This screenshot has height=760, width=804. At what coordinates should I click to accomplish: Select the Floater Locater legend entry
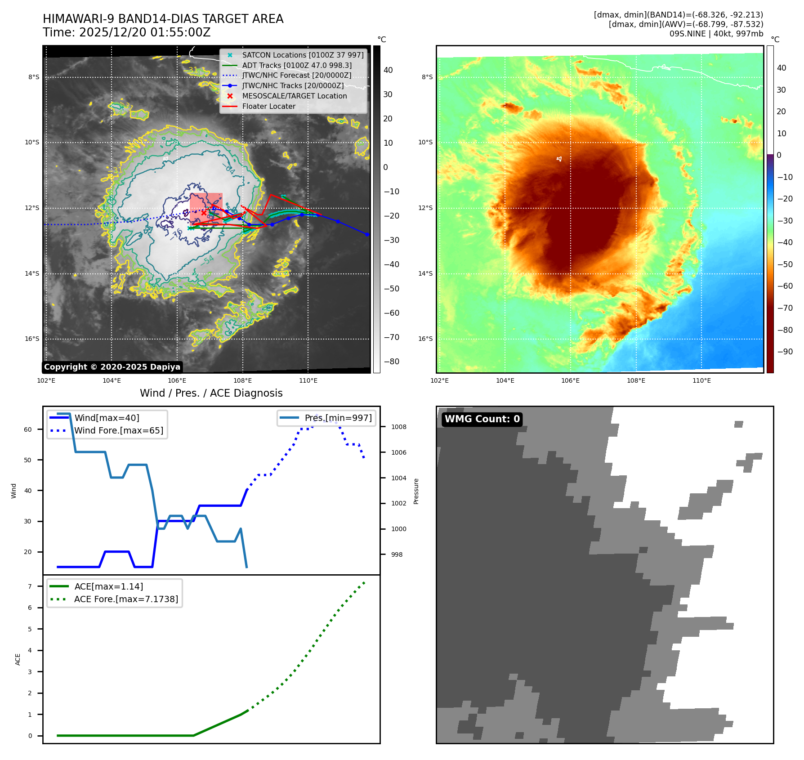(268, 107)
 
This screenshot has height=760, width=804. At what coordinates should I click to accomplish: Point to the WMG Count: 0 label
(482, 419)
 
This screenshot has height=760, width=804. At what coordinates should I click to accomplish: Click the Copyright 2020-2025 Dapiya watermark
(112, 367)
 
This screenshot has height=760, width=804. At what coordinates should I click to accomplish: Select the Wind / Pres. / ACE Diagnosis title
(211, 393)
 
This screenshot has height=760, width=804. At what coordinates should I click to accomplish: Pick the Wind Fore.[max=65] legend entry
(118, 431)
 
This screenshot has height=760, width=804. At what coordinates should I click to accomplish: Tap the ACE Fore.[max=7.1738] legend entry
(126, 599)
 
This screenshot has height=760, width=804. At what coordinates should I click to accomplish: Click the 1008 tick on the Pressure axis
(398, 427)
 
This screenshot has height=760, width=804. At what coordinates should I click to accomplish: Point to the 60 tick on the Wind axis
(28, 429)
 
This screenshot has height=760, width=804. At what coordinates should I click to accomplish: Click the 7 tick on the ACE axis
(30, 586)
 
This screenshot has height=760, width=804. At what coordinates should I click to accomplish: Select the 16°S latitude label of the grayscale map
(32, 339)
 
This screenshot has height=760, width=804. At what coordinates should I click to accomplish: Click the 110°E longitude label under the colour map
(701, 381)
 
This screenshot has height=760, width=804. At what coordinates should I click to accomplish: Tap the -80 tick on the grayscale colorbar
(391, 362)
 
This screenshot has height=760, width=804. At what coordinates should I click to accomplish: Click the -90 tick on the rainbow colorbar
(785, 352)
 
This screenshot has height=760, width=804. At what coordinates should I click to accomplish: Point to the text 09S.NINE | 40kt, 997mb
(716, 34)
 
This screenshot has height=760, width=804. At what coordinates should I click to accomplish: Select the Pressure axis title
(416, 491)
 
